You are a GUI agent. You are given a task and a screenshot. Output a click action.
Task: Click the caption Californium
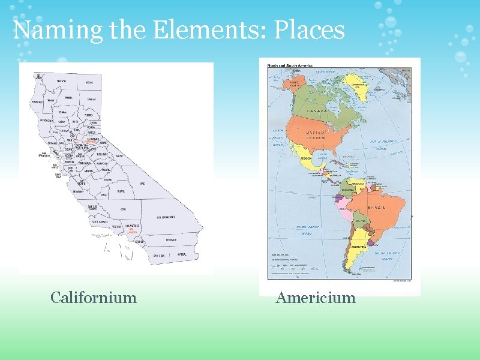[x=94, y=298]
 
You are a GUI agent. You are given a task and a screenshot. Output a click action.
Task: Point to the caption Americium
[x=316, y=298]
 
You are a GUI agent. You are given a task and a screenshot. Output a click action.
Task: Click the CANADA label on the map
[x=317, y=111]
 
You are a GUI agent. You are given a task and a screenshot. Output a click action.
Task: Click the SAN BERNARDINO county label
[x=166, y=217]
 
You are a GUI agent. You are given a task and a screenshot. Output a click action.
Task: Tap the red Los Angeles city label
[x=133, y=230]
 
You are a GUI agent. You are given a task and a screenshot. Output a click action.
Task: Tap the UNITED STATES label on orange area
[x=316, y=134]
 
